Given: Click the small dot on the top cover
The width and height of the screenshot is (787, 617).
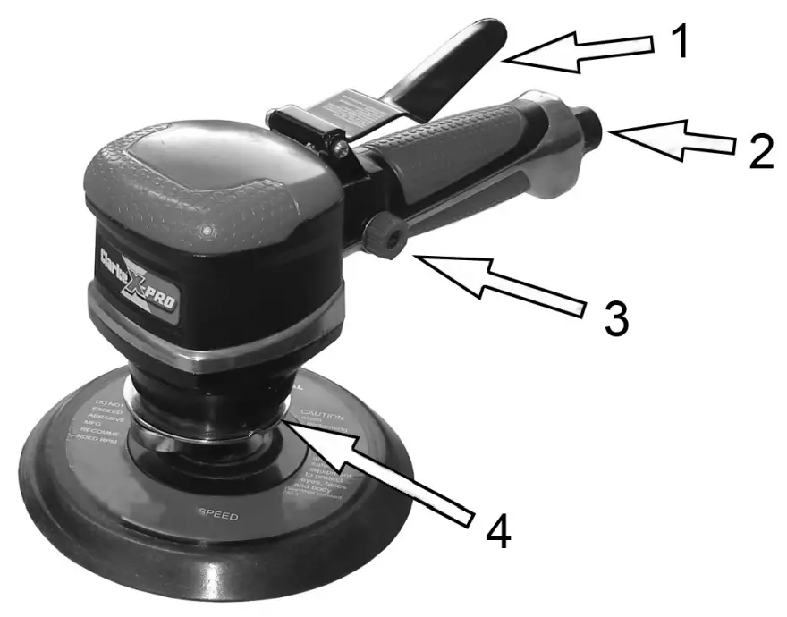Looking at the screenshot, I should pos(207,232).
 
